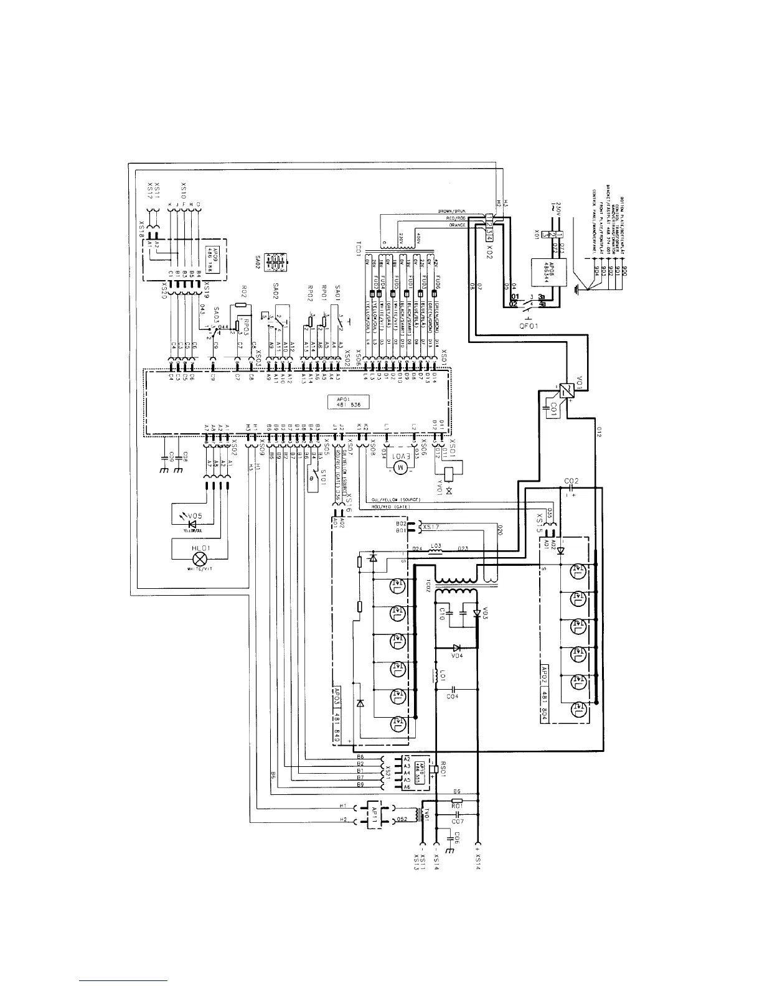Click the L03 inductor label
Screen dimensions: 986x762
click(436, 547)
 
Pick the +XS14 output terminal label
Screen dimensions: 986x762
click(477, 863)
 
